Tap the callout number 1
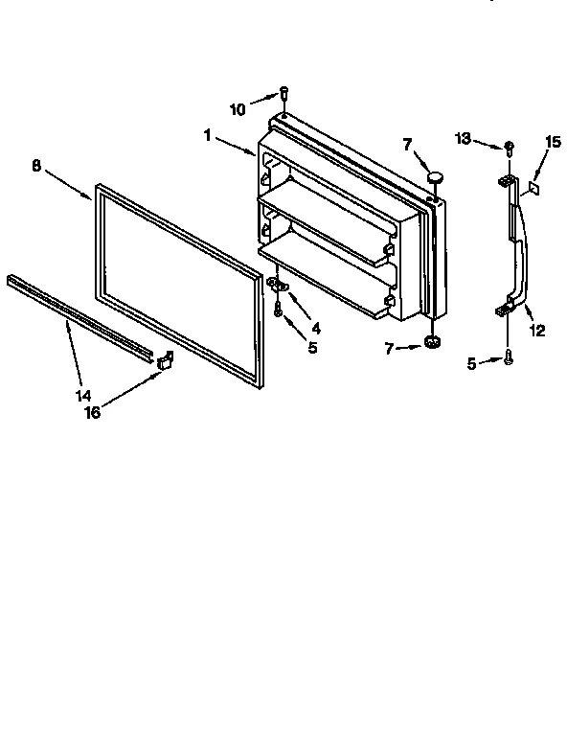[207, 135]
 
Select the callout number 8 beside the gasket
[36, 165]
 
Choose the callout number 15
[552, 142]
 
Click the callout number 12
[537, 331]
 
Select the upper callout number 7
[407, 144]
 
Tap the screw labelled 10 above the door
[284, 93]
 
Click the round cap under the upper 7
[437, 175]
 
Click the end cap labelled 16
[165, 360]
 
